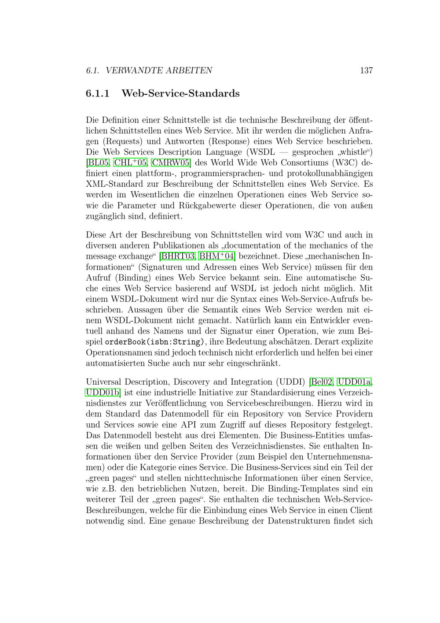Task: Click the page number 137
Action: tap(366, 70)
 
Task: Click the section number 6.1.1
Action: tap(98, 94)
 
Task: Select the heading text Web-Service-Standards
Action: tap(180, 94)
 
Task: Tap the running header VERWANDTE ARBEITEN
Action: tap(159, 70)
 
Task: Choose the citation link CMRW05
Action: tap(171, 163)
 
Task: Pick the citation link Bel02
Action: tap(322, 382)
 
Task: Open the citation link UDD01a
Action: tap(355, 382)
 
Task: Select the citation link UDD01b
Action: tap(103, 393)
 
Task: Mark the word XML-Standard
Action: tap(114, 184)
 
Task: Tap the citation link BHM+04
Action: tap(217, 256)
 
